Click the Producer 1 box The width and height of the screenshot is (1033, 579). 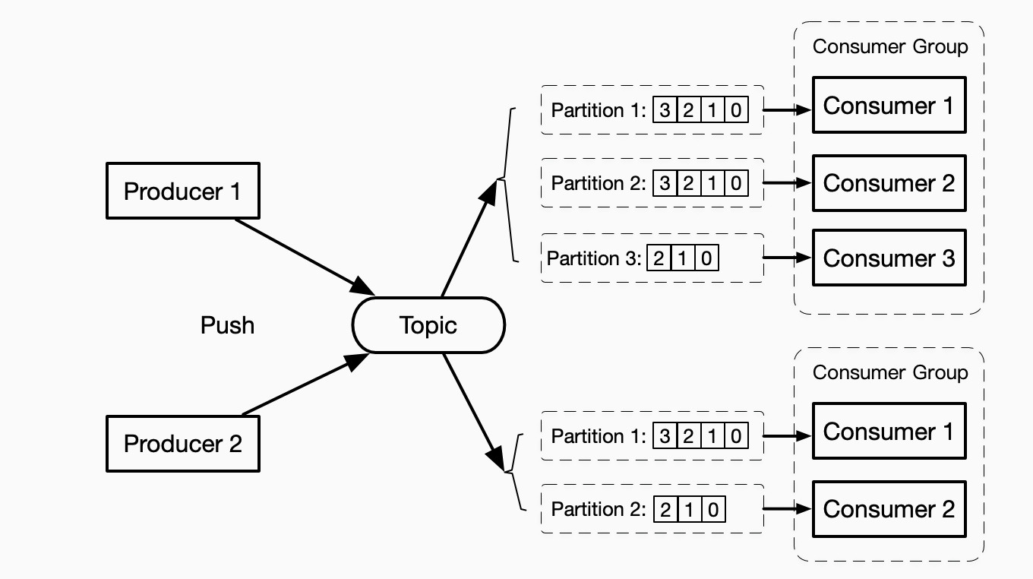182,191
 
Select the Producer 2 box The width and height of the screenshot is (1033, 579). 182,444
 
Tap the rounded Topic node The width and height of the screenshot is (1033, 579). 428,325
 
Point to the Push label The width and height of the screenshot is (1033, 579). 227,325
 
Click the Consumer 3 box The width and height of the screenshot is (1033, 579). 889,258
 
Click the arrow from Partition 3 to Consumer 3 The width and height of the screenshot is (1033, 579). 787,258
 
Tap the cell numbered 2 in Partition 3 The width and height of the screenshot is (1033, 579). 658,259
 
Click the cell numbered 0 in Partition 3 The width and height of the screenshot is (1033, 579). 706,259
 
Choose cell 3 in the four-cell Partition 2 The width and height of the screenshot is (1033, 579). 665,183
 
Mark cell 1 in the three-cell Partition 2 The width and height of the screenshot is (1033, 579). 689,509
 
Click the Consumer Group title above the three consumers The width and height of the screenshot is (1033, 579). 890,46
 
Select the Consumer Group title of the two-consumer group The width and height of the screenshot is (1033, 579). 890,372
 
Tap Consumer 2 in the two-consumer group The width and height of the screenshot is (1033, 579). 889,509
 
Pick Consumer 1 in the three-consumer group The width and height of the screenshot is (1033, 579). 889,106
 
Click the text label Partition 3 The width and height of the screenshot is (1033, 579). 593,259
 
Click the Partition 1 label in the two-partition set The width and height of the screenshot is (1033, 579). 598,436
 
